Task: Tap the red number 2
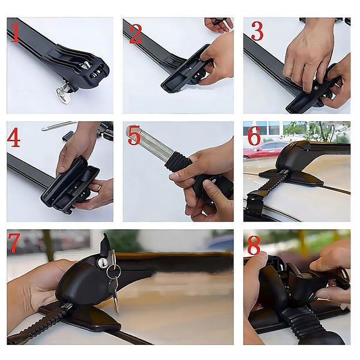pyautogui.click(x=136, y=33)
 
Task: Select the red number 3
pyautogui.click(x=257, y=31)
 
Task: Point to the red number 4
pyautogui.click(x=14, y=137)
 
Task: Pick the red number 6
pyautogui.click(x=254, y=136)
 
